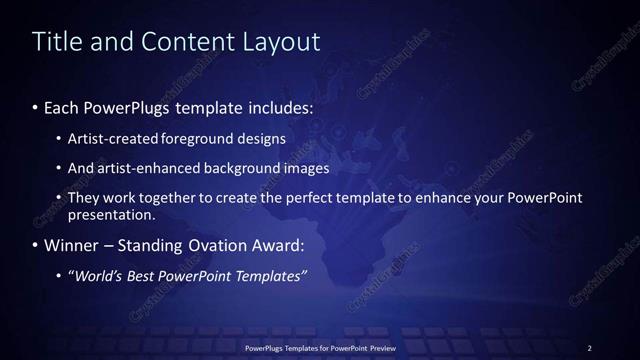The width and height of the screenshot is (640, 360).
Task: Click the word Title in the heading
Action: [57, 41]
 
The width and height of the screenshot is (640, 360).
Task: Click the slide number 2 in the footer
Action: [589, 347]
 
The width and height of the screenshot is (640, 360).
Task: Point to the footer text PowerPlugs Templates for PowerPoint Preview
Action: [319, 347]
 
